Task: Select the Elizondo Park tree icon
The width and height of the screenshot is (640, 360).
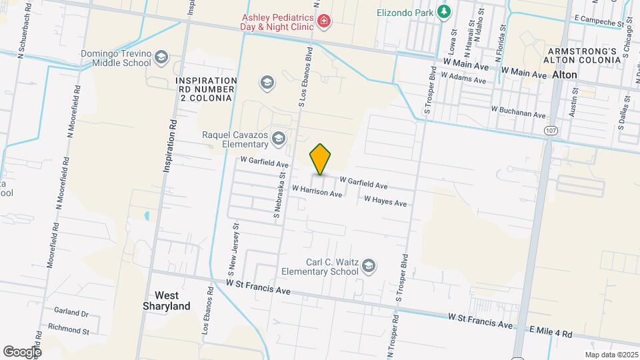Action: coord(443,11)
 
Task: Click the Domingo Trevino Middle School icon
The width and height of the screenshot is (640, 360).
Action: coord(161,59)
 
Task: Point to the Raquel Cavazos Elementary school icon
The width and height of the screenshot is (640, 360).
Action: coord(278,139)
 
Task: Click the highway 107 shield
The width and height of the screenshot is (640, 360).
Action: coord(550,131)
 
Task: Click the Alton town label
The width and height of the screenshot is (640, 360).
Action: coord(565,75)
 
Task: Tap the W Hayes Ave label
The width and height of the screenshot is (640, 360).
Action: coord(385,201)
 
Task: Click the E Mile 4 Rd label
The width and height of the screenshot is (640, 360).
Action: coord(551,331)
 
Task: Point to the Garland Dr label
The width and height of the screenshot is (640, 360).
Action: coord(71,313)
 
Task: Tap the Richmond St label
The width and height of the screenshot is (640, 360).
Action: coord(68,330)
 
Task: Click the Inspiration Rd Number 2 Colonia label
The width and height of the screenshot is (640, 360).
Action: coord(205,89)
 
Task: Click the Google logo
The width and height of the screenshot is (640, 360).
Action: coord(22,351)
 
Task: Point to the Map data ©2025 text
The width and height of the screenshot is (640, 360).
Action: coord(611,355)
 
